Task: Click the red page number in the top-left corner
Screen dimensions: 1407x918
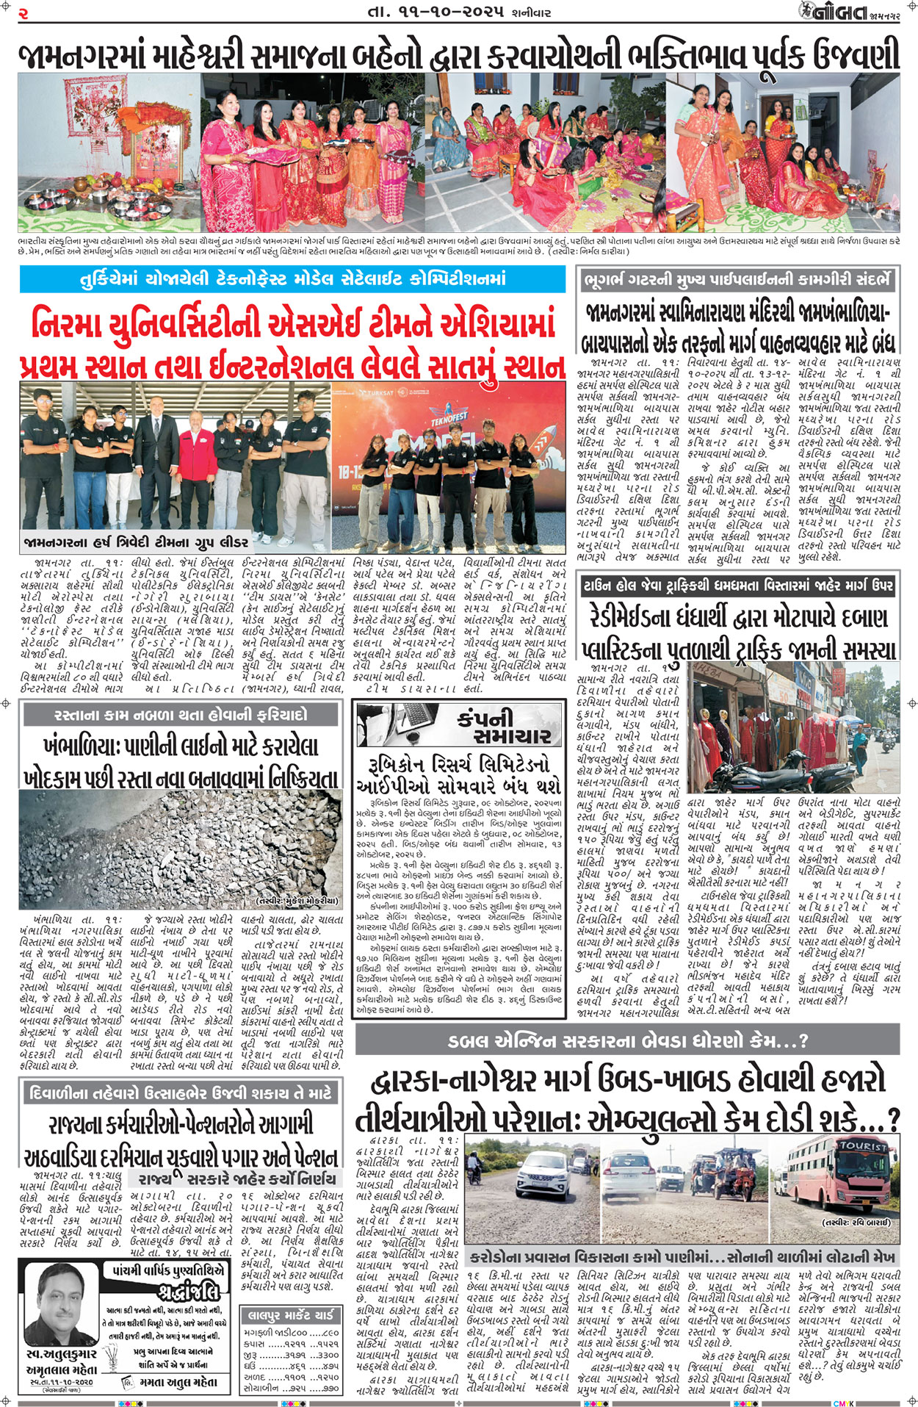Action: click(x=24, y=12)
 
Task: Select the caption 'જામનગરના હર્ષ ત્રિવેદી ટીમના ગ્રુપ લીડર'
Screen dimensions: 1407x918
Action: click(x=135, y=543)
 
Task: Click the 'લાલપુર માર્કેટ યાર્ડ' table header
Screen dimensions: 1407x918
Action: click(x=292, y=1314)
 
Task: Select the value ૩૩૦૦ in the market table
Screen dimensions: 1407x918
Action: click(x=328, y=1355)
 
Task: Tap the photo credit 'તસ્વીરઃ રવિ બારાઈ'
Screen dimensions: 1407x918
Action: click(x=856, y=1222)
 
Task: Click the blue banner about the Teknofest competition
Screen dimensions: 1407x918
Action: click(x=292, y=279)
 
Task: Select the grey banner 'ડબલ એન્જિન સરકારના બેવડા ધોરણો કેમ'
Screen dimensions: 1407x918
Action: click(x=627, y=1040)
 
